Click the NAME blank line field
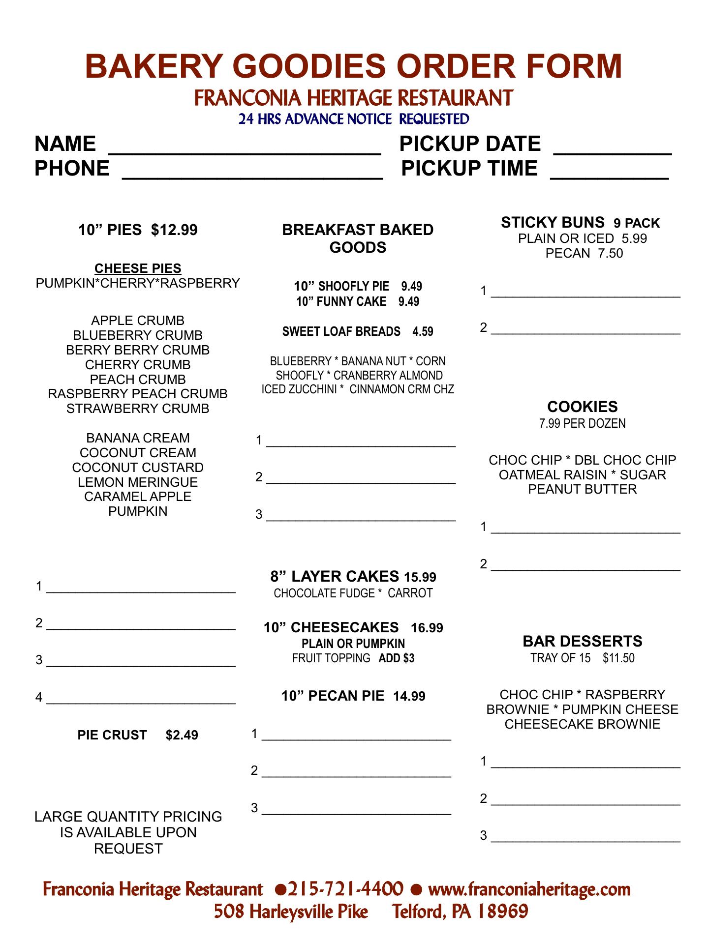245,147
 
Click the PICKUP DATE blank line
613,147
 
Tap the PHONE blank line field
252,172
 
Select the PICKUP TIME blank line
609,172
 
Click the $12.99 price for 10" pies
174,230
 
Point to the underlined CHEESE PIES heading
138,268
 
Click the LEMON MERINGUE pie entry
138,482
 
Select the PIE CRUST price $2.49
182,735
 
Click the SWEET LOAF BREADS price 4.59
423,331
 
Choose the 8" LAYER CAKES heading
335,576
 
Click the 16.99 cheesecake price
427,628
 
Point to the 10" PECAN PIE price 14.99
409,696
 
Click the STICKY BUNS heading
553,223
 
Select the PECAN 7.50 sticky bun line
584,253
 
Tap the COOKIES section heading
582,407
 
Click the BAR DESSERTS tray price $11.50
618,658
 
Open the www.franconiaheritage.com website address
529,889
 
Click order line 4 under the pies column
141,698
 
